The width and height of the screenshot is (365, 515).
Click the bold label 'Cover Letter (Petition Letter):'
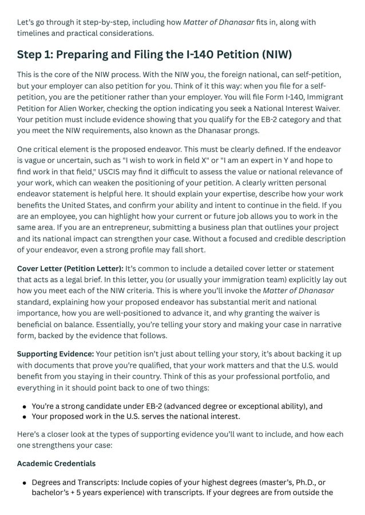tap(70, 268)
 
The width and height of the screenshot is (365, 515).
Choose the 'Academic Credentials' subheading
tap(56, 463)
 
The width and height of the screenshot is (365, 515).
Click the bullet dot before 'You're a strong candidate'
tap(25, 407)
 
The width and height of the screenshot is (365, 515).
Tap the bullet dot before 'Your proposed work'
tap(25, 417)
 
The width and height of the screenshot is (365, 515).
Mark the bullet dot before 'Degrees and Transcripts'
tap(25, 483)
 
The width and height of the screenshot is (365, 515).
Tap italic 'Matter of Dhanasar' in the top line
tap(219, 22)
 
